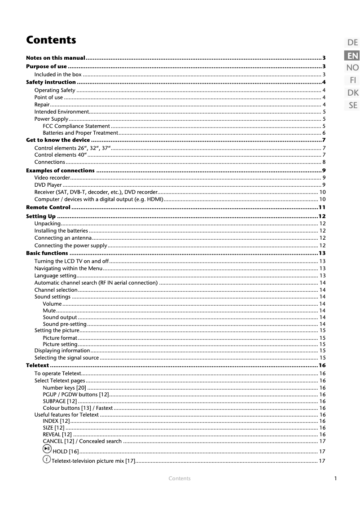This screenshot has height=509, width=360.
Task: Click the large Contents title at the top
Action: pyautogui.click(x=51, y=40)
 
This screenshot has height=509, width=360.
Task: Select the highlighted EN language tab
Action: pyautogui.click(x=352, y=56)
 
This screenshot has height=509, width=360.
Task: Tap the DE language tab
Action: pyautogui.click(x=352, y=43)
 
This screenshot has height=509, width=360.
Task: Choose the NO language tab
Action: pyautogui.click(x=352, y=68)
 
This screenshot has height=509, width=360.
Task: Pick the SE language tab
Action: pyautogui.click(x=353, y=105)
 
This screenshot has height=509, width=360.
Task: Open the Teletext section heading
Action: pyautogui.click(x=37, y=366)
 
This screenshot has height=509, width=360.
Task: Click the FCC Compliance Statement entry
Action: pyautogui.click(x=76, y=126)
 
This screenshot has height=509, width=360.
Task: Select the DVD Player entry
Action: pyautogui.click(x=48, y=185)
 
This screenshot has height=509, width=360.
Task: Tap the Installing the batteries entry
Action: pyautogui.click(x=61, y=231)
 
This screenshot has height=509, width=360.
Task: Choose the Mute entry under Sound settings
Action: pyautogui.click(x=49, y=311)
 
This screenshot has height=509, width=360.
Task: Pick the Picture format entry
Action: pyautogui.click(x=60, y=338)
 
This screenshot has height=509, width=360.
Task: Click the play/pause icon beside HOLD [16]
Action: pyautogui.click(x=47, y=450)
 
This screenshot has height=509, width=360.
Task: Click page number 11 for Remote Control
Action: pyautogui.click(x=321, y=207)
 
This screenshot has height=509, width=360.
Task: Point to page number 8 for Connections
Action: pyautogui.click(x=324, y=162)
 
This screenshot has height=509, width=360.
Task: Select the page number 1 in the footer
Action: pyautogui.click(x=335, y=478)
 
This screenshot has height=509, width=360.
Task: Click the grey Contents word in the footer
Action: pyautogui.click(x=180, y=478)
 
